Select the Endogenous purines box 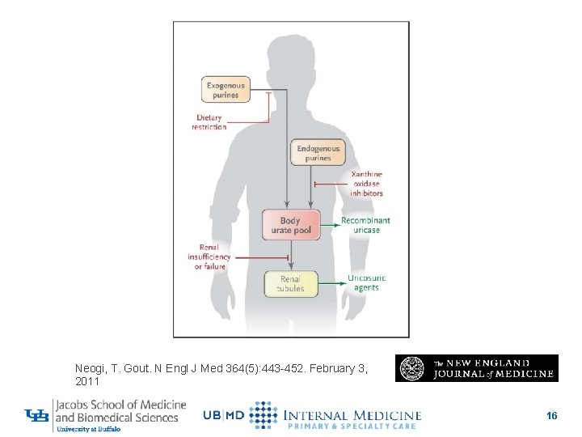click(318, 153)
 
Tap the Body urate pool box click(290, 225)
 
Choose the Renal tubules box click(290, 284)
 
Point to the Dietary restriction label click(209, 122)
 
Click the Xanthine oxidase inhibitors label click(367, 184)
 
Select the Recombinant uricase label click(365, 225)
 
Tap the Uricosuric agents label click(366, 282)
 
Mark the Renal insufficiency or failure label click(209, 257)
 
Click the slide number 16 click(551, 416)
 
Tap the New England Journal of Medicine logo click(476, 368)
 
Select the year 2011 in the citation click(87, 381)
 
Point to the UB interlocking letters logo click(37, 416)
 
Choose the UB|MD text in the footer click(223, 416)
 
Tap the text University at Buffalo click(89, 430)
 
